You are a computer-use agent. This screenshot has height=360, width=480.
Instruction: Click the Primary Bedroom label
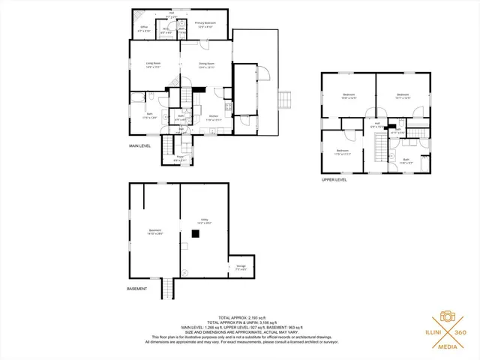click(x=205, y=25)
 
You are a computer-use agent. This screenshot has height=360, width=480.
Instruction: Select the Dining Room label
click(x=207, y=64)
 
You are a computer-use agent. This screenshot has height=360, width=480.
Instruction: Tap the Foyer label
click(x=180, y=158)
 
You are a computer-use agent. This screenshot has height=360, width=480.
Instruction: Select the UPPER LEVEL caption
click(x=334, y=180)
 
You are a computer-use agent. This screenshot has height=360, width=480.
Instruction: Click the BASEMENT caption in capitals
click(x=136, y=289)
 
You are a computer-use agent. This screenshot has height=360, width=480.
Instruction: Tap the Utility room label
click(x=203, y=220)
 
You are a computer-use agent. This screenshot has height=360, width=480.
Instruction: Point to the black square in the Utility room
click(x=195, y=234)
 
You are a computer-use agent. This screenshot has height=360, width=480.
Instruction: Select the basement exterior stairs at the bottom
click(x=168, y=289)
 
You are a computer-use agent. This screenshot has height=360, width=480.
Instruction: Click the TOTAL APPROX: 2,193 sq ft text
click(x=239, y=318)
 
